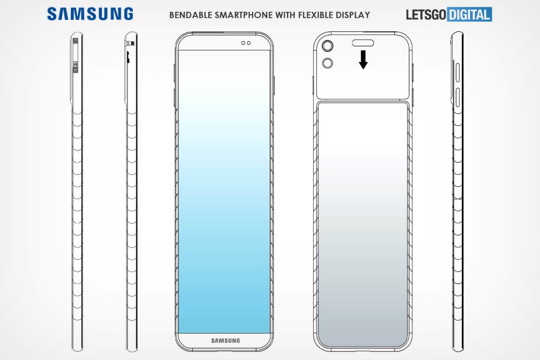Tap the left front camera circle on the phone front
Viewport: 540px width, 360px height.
243,43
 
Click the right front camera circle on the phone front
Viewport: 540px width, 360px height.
249,43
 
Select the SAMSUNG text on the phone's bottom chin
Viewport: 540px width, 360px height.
225,340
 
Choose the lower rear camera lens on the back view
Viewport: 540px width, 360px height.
328,63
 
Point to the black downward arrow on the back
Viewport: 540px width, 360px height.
363,60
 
